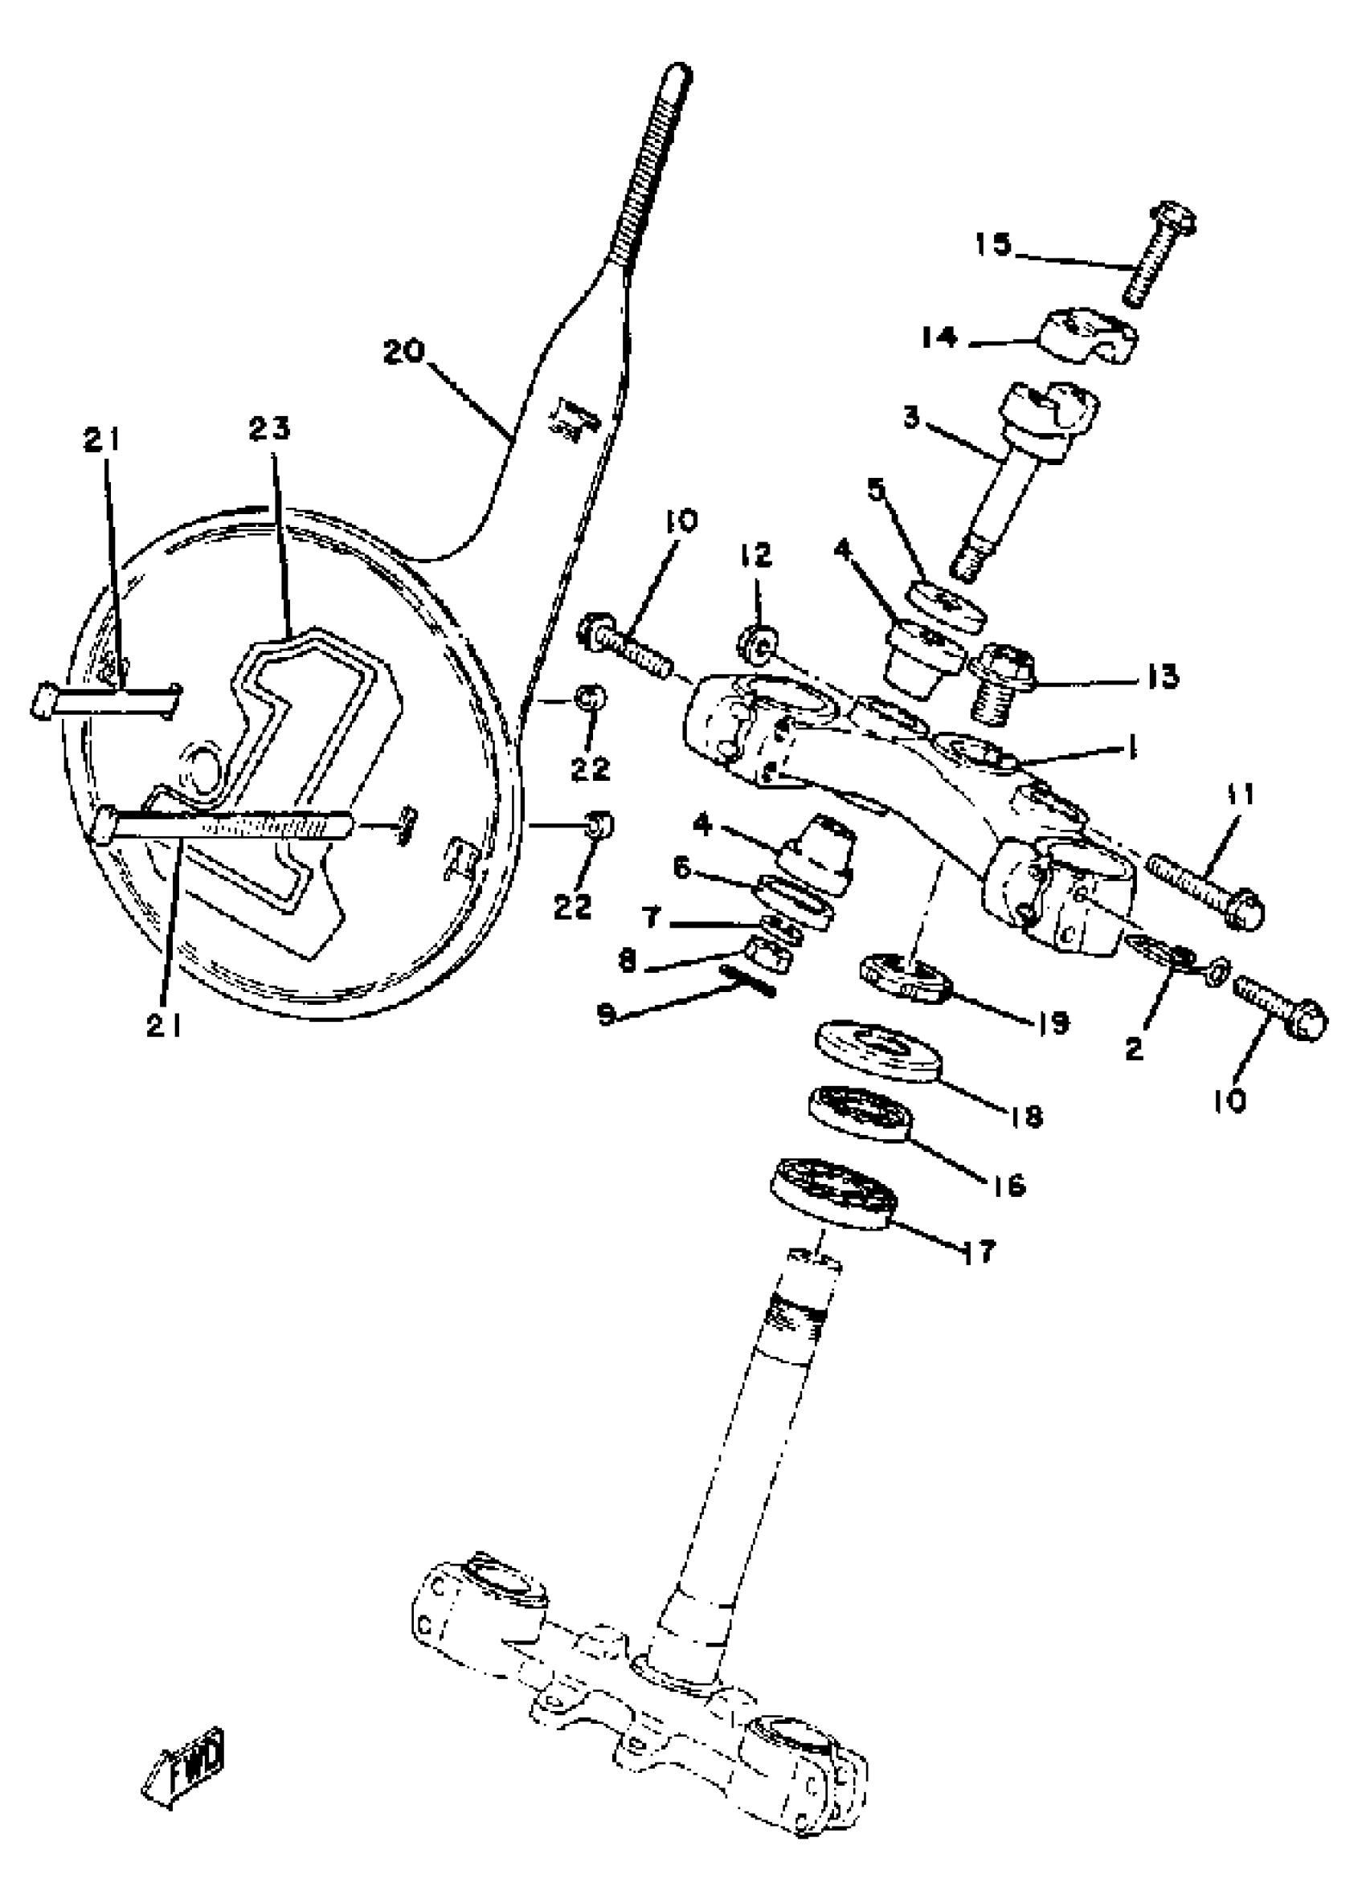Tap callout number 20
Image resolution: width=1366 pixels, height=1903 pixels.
[404, 352]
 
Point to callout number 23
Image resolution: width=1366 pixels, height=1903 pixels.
[269, 429]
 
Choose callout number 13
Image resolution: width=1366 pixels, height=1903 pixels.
[1162, 676]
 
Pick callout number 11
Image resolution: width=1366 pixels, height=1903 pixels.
[1239, 794]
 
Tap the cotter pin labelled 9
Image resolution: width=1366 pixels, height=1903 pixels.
[743, 978]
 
